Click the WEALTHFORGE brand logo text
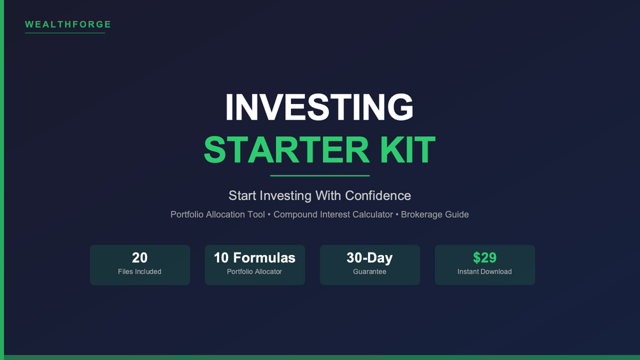click(x=68, y=24)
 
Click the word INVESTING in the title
click(x=320, y=107)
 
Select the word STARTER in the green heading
click(x=287, y=150)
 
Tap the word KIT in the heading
click(x=408, y=150)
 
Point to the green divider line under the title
click(x=320, y=175)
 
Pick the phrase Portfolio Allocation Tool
click(x=218, y=214)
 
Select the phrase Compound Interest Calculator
click(x=333, y=214)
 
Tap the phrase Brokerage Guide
click(x=435, y=214)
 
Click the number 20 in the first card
click(x=139, y=257)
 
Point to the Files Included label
click(x=139, y=271)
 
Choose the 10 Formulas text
click(x=255, y=257)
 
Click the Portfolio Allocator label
click(x=254, y=271)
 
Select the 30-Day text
click(x=369, y=257)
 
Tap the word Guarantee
click(x=370, y=271)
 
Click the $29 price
click(x=485, y=257)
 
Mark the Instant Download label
click(x=485, y=271)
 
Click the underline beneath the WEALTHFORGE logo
click(x=65, y=32)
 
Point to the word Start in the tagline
click(x=243, y=196)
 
